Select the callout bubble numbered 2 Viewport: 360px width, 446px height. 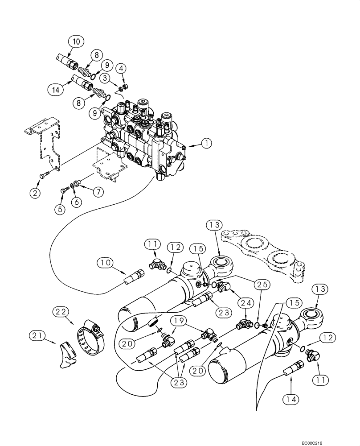pos(35,193)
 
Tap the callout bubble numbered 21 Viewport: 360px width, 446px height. pos(38,334)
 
